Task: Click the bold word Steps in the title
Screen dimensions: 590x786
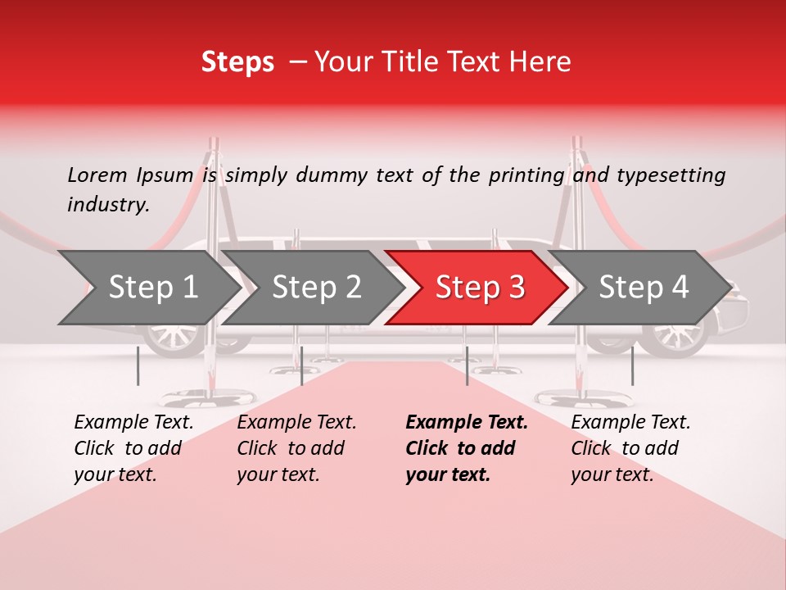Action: click(237, 62)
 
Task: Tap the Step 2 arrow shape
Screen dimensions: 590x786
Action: click(316, 288)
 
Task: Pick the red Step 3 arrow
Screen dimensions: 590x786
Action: click(479, 288)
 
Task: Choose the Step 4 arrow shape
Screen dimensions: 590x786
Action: click(643, 288)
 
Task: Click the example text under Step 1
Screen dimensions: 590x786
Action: click(133, 448)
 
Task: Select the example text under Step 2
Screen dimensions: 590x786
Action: click(296, 448)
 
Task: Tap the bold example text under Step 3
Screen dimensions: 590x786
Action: click(467, 448)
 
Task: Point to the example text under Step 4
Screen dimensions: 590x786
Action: click(630, 448)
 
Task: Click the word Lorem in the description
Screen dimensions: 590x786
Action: click(97, 175)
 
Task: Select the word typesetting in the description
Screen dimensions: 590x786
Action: click(671, 175)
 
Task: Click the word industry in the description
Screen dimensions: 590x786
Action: click(107, 204)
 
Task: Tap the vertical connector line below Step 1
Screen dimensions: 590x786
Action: click(138, 365)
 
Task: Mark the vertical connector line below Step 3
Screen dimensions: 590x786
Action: click(467, 365)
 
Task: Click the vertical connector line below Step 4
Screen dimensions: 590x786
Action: click(632, 365)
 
